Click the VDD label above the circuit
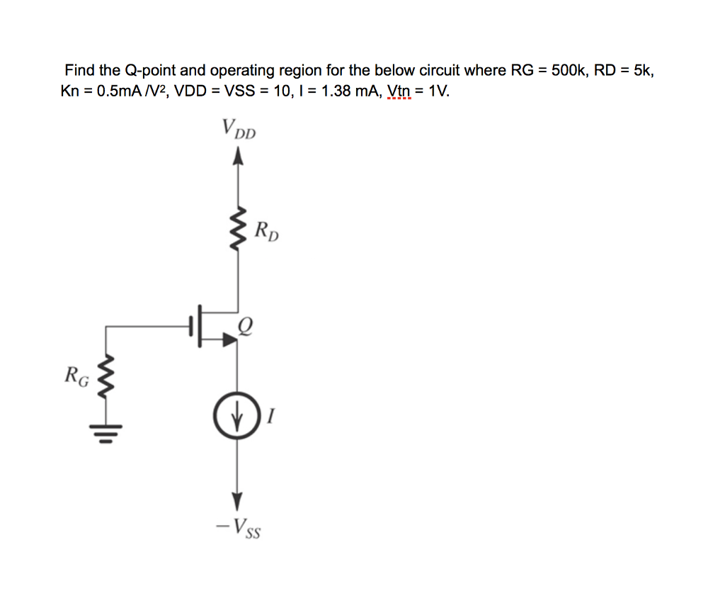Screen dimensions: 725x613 click(x=239, y=128)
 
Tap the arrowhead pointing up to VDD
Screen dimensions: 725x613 click(x=238, y=155)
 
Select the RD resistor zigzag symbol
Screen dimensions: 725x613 click(x=238, y=228)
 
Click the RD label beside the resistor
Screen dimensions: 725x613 click(x=267, y=231)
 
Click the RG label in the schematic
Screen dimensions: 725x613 click(x=76, y=376)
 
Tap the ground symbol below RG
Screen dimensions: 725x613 click(x=106, y=434)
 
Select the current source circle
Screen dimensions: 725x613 click(x=237, y=415)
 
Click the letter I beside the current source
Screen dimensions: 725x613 click(x=271, y=416)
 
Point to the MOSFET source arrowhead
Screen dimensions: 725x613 click(x=230, y=339)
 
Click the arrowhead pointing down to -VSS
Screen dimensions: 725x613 click(x=237, y=501)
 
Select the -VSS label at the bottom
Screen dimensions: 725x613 click(x=238, y=528)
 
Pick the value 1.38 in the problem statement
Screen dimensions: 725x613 click(x=336, y=91)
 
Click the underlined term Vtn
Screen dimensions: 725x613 click(x=399, y=91)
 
